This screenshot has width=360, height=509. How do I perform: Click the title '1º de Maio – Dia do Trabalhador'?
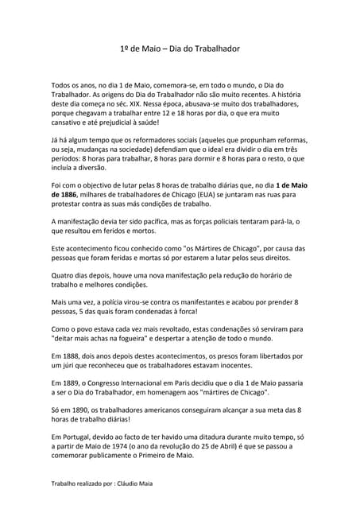pos(179,49)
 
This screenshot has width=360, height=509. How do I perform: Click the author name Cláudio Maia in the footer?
pos(137,483)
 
